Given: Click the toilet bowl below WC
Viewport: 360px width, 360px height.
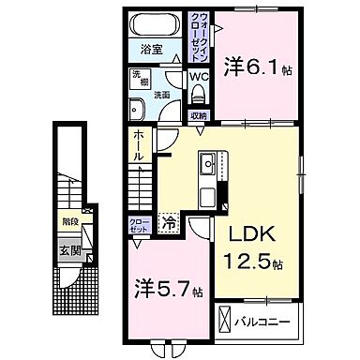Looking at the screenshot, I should [x=200, y=96].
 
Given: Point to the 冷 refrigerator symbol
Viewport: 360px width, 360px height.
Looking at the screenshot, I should [x=170, y=223].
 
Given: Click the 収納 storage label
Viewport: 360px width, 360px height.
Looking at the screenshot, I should [x=197, y=114].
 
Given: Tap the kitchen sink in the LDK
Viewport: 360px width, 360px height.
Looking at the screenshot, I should [x=207, y=166].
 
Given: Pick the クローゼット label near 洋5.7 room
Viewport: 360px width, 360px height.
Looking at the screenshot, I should [x=139, y=225].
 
